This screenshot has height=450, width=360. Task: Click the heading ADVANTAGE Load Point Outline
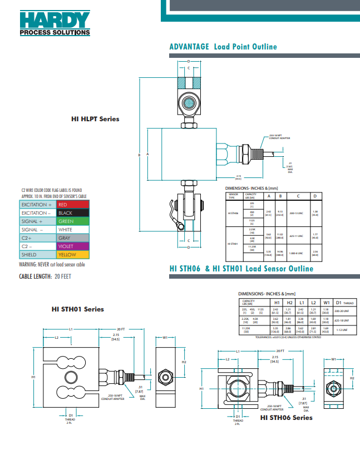point(223,47)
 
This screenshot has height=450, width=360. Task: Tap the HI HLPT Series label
point(95,118)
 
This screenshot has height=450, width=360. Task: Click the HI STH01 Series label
point(77,309)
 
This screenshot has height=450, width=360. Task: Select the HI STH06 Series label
point(286,417)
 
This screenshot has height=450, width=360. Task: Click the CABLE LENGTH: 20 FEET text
point(45,276)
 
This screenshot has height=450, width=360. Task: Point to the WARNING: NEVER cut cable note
point(52,264)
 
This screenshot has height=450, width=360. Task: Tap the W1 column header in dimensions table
point(327,302)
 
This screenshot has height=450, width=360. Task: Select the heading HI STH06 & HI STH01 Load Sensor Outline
point(241,269)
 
